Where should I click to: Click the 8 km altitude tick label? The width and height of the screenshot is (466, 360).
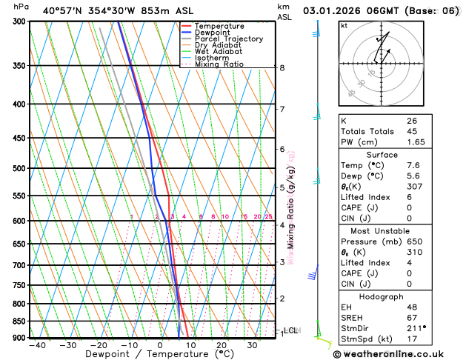coord(282,68)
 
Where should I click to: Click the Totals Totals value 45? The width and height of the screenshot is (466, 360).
coord(412,132)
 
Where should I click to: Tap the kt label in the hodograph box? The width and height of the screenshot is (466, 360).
coord(344,26)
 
